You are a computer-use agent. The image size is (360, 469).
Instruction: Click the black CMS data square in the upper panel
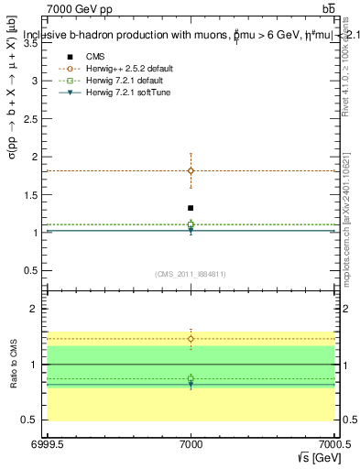coord(191,208)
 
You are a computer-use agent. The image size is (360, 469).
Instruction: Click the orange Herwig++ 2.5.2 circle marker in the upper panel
coord(191,170)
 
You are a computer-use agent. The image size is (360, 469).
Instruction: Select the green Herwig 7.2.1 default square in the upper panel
coord(191,224)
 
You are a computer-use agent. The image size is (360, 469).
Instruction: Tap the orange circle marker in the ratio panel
coord(191,339)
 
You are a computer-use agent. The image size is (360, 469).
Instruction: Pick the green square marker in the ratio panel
coord(191,378)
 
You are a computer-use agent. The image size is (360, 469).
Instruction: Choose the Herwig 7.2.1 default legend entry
coord(132,82)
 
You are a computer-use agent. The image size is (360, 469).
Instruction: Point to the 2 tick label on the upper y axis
coord(38,157)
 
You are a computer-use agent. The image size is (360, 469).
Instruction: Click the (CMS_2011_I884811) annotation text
coord(191,274)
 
